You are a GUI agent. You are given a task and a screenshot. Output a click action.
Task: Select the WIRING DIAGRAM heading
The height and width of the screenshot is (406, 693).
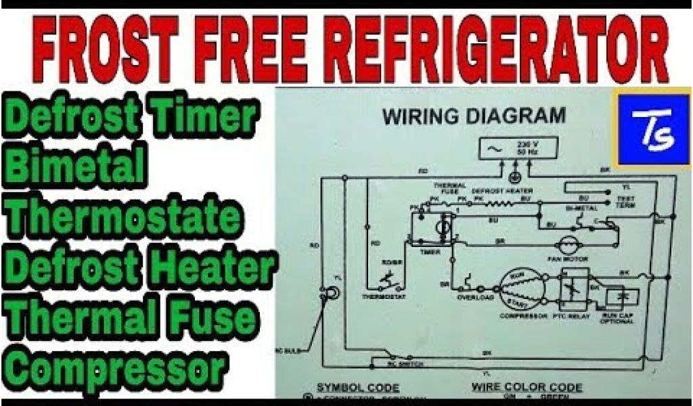pos(474,116)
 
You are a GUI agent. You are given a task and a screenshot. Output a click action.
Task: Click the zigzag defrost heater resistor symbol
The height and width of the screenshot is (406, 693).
pos(502,200)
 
